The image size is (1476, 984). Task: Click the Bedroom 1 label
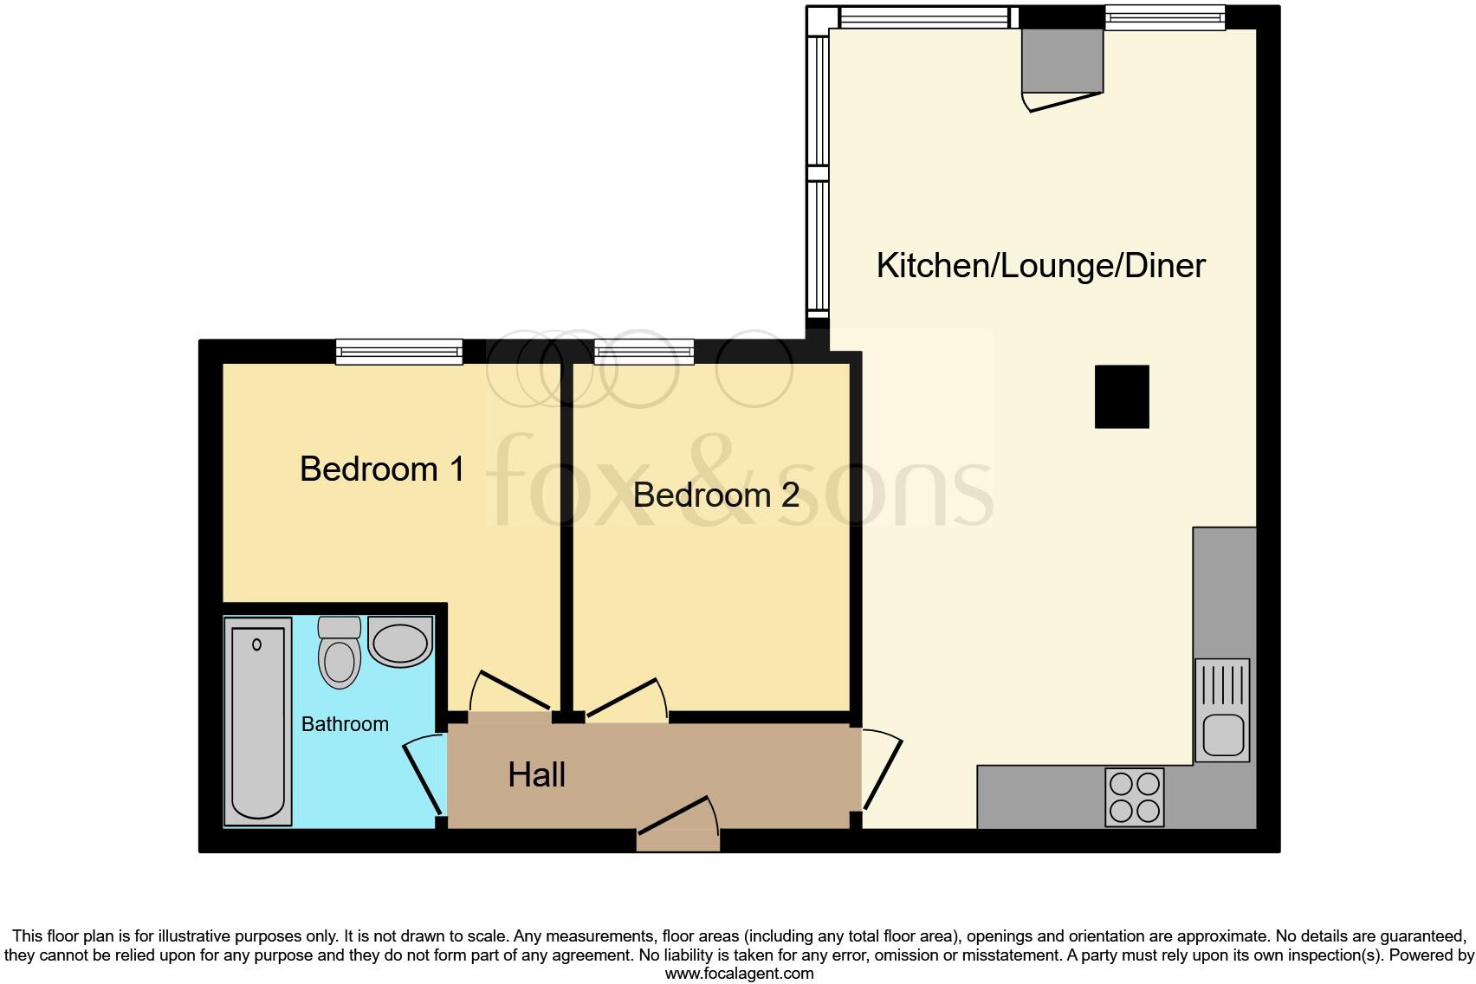coord(382,469)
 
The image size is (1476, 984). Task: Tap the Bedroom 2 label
coord(715,495)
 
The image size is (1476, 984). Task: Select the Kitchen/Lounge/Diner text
coord(1040,265)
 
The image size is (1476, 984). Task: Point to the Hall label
coord(536,774)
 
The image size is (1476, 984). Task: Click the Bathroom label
coord(345,724)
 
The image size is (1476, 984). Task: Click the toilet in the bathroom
coord(340,654)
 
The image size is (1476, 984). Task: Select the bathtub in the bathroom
coord(257,724)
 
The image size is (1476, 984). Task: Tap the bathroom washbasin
coord(400,642)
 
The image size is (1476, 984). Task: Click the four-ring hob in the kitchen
coord(1135,797)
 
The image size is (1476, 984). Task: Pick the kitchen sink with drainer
coord(1222,709)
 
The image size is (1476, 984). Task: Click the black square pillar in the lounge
coord(1122,397)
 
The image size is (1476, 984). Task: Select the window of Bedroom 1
coord(398,351)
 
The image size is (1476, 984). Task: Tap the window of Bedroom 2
coord(644,351)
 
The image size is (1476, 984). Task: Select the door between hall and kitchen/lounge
coord(881,771)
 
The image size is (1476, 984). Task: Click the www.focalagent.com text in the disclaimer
coord(739,974)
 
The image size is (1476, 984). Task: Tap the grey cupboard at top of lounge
coord(1062,61)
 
